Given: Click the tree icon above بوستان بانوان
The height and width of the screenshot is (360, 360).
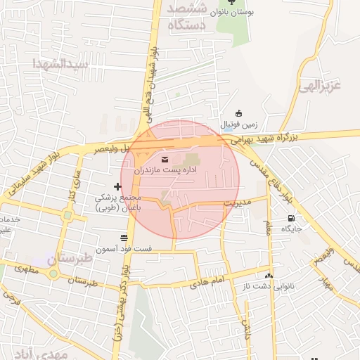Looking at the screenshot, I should [241, 3].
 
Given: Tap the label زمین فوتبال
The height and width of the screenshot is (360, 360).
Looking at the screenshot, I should [240, 125].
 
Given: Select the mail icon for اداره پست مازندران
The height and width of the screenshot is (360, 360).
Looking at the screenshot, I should [165, 158].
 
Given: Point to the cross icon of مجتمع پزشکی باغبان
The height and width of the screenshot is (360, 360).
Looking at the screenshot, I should [117, 186].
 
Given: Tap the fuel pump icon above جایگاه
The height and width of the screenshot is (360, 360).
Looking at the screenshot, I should [291, 217].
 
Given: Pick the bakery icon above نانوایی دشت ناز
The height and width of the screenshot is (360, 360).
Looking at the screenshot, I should [269, 276].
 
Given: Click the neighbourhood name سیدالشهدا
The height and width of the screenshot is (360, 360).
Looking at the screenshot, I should [60, 64].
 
